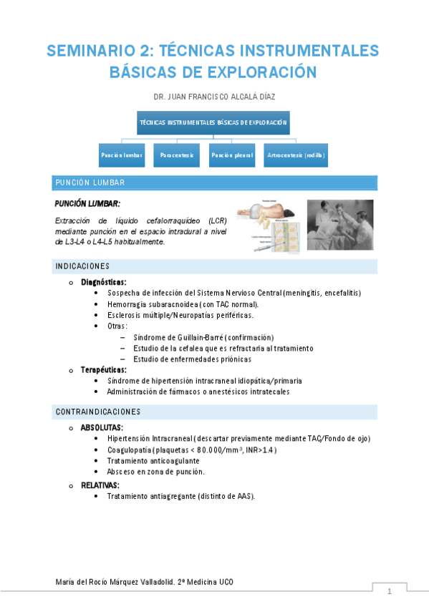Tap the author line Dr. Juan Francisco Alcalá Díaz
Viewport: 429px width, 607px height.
pos(214,95)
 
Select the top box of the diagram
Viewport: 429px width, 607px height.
pos(214,122)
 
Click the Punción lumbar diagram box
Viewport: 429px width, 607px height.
pos(122,155)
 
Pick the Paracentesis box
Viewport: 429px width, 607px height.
pos(177,155)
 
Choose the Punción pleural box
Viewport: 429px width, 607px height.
pos(231,155)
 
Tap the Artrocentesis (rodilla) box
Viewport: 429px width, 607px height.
pos(295,155)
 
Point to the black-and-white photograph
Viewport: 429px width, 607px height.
pos(340,225)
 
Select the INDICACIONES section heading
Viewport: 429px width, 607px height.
pos(82,266)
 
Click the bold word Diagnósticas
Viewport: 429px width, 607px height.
pos(104,282)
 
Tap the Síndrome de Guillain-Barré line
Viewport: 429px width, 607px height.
pos(203,337)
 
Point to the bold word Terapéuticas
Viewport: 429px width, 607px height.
pos(104,370)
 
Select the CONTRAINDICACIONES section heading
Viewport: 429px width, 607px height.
pos(98,412)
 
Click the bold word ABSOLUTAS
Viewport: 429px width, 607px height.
pos(102,427)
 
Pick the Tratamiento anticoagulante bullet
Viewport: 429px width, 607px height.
pos(153,461)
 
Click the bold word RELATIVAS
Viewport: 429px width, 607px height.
pos(100,485)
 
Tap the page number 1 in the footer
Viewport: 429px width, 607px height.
pos(389,592)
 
